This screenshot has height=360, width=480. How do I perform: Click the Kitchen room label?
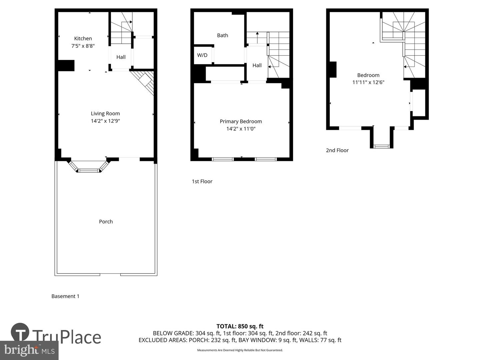pos(83,39)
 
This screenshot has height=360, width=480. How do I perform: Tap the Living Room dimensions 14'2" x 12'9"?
pos(105,121)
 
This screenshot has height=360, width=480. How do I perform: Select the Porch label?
pos(106,222)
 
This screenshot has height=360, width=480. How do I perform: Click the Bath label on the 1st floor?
pos(222,35)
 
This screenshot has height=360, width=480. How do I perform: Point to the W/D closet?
pos(202,55)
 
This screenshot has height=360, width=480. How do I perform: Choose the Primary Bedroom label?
pos(241,122)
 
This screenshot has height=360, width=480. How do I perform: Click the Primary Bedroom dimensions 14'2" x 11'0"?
pos(241,129)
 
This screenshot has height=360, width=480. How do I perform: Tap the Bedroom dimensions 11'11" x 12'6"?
pos(368,82)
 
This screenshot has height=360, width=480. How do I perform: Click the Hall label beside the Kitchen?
pos(121,57)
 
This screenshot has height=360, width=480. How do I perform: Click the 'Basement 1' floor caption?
pos(65,296)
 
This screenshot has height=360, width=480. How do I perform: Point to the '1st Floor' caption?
pos(202,182)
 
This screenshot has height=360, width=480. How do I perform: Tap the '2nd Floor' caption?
pos(337,150)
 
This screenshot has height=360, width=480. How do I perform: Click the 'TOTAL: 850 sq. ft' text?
pos(240,326)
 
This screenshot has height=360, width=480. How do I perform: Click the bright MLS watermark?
pos(29,350)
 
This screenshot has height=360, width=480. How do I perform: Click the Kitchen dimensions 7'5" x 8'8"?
pos(83,46)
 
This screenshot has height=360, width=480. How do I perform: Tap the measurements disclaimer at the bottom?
pos(240,350)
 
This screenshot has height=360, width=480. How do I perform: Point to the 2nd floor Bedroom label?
pos(368,75)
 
